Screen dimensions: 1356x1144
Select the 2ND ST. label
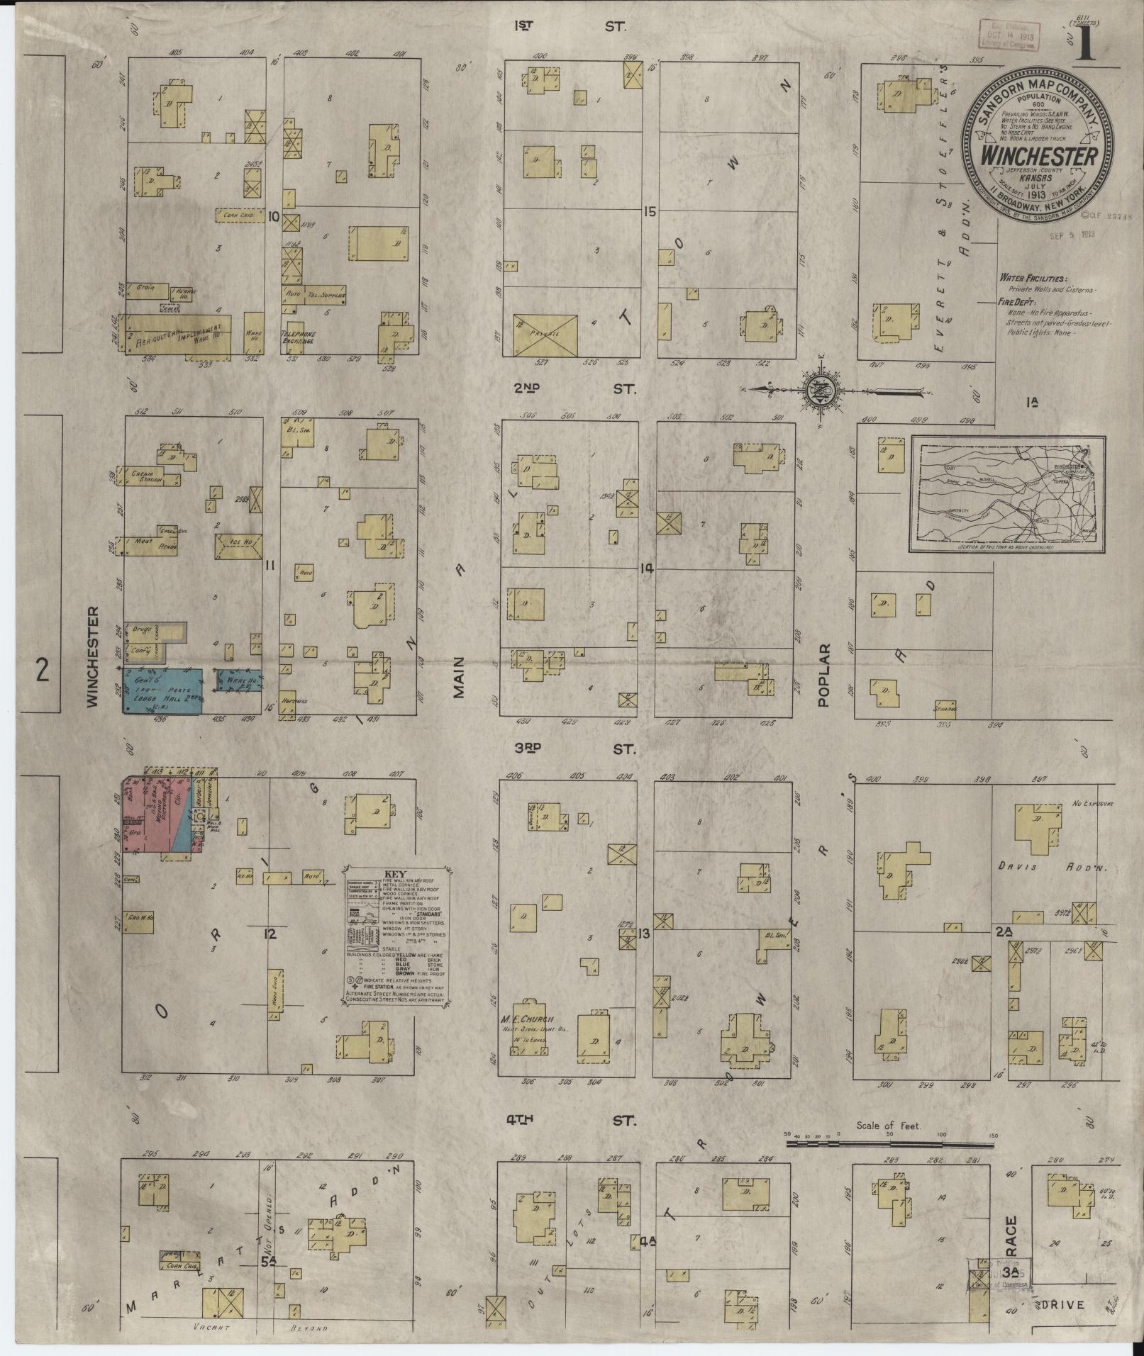pos(574,388)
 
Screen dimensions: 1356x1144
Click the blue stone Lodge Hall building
pos(162,690)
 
